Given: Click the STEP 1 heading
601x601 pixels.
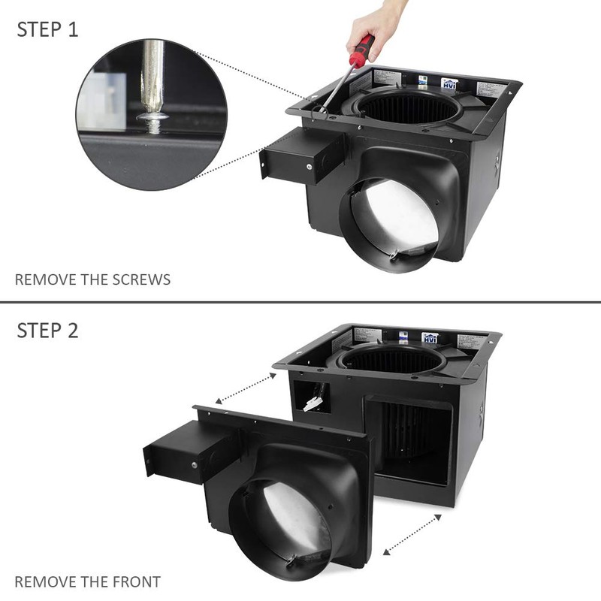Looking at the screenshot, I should pyautogui.click(x=47, y=30).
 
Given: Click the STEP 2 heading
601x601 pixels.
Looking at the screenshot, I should pyautogui.click(x=47, y=331).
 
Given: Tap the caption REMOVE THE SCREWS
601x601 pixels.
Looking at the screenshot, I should pyautogui.click(x=92, y=279).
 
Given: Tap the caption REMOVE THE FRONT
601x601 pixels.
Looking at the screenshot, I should pyautogui.click(x=87, y=581).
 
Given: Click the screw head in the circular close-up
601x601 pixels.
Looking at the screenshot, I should pyautogui.click(x=153, y=119).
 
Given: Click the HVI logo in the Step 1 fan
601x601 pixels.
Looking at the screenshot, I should pyautogui.click(x=449, y=85).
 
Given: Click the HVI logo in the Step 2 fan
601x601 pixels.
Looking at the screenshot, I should pyautogui.click(x=430, y=338).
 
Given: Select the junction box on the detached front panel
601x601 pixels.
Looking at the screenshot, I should pyautogui.click(x=180, y=451).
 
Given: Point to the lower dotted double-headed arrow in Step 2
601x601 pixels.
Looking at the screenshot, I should pyautogui.click(x=412, y=534).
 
